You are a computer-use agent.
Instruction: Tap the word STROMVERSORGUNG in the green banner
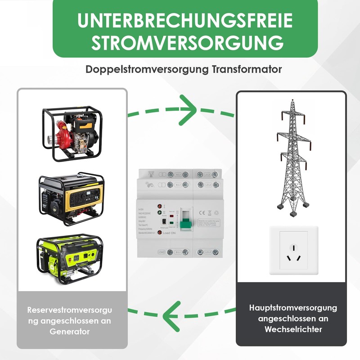(x=185, y=43)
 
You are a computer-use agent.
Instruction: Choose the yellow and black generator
(x=72, y=197)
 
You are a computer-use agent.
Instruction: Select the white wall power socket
(x=293, y=250)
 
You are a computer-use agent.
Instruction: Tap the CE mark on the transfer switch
(x=202, y=212)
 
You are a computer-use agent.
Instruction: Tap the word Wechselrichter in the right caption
(x=293, y=329)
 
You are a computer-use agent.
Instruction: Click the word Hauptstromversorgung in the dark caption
(x=293, y=308)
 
